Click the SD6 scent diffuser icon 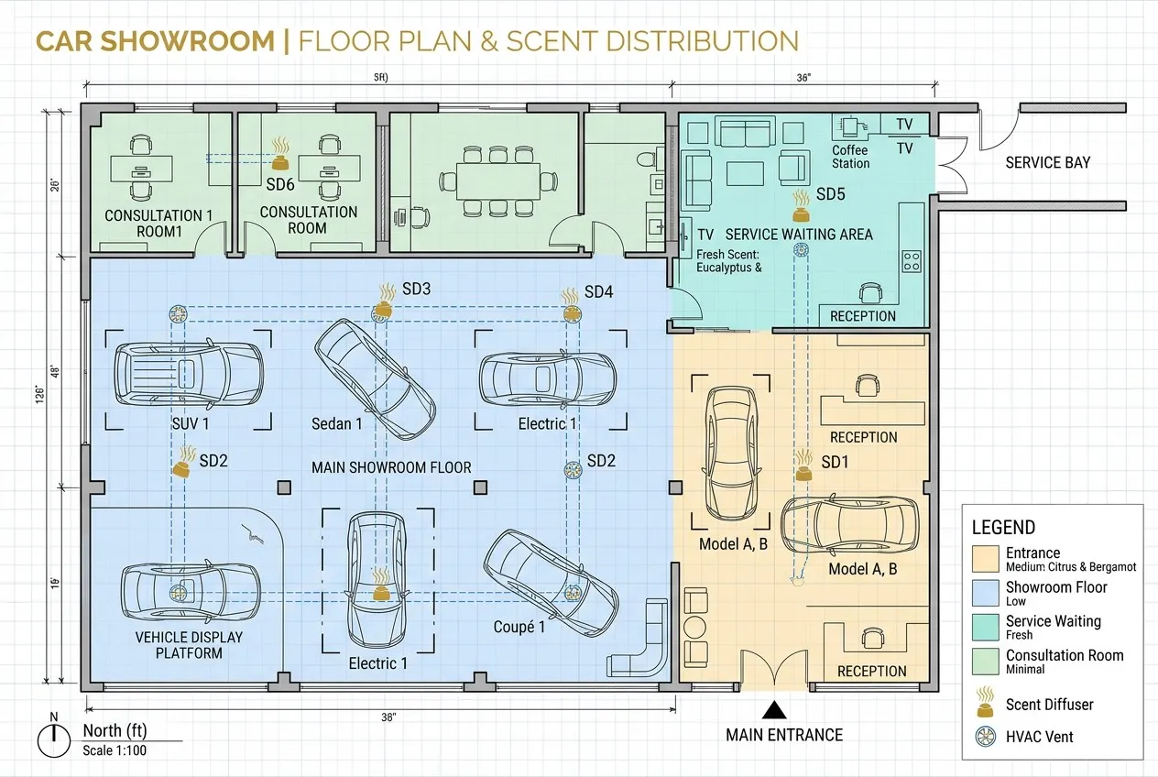tap(280, 154)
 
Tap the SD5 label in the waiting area tap(831, 194)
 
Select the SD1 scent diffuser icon tap(803, 465)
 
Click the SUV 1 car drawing tap(189, 374)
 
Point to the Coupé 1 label tap(519, 627)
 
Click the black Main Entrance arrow tap(774, 710)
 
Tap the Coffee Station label tap(850, 157)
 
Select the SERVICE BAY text tap(1047, 163)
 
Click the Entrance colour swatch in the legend tap(985, 559)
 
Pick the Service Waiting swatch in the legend tap(985, 627)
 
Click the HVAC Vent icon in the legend tap(986, 736)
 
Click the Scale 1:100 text tap(115, 750)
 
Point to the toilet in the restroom tap(650, 159)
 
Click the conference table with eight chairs tap(498, 181)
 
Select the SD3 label tap(416, 289)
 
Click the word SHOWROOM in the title tap(187, 42)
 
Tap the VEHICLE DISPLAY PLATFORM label tap(189, 645)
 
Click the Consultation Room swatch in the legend tap(985, 662)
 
